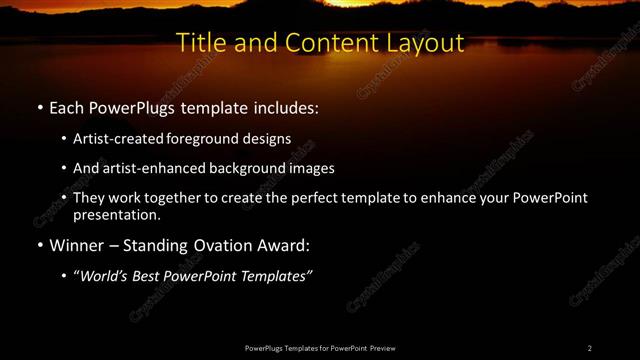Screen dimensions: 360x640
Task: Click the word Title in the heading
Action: click(x=198, y=43)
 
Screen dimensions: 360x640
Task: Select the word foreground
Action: click(x=202, y=138)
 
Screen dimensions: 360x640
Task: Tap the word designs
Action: click(x=266, y=138)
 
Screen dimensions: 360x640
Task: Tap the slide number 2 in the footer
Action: click(x=590, y=348)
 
